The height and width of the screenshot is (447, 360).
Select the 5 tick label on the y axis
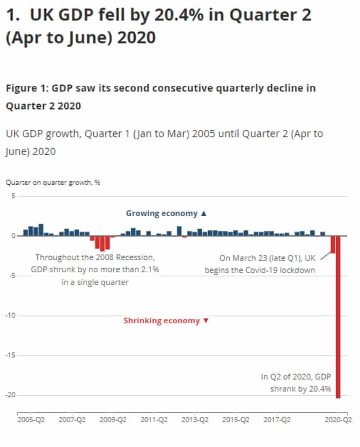[x=13, y=196]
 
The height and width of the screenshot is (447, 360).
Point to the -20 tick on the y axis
[x=11, y=395]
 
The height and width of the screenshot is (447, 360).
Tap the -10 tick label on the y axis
[x=11, y=315]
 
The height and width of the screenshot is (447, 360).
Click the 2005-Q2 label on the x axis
[x=31, y=420]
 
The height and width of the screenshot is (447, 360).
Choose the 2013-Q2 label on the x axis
[x=195, y=420]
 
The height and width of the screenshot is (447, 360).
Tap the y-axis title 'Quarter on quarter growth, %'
[x=53, y=182]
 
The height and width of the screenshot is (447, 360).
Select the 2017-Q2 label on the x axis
[x=277, y=420]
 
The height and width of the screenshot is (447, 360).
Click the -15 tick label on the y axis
[x=11, y=355]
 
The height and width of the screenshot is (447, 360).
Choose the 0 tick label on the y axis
[x=13, y=236]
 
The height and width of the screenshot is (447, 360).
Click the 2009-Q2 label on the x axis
[x=113, y=420]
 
